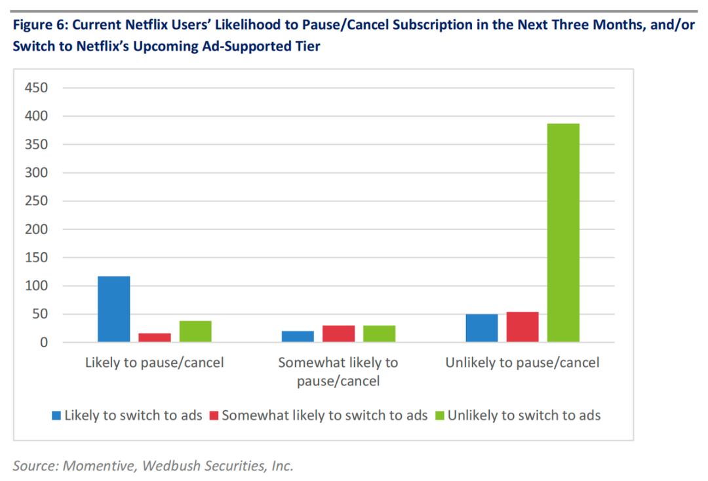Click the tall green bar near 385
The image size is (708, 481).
tap(563, 233)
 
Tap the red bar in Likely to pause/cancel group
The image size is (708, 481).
tap(155, 337)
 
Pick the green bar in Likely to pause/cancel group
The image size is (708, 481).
tap(195, 332)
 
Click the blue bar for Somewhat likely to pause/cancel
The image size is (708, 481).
tap(298, 336)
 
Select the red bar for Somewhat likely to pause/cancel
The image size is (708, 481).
tap(338, 334)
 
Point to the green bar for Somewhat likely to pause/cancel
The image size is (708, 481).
tap(379, 334)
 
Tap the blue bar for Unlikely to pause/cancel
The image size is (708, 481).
tap(482, 328)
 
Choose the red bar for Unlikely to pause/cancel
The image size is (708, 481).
tap(522, 327)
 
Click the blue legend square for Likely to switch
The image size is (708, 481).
tap(57, 415)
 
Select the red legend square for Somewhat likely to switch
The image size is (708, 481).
tap(214, 415)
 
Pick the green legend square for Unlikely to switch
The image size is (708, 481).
tap(440, 415)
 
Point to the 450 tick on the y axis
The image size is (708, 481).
tap(36, 88)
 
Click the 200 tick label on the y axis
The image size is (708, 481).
tap(36, 229)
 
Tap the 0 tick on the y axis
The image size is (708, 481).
tap(43, 343)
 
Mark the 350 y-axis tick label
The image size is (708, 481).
tap(36, 144)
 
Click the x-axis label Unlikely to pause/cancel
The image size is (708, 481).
tap(522, 362)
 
